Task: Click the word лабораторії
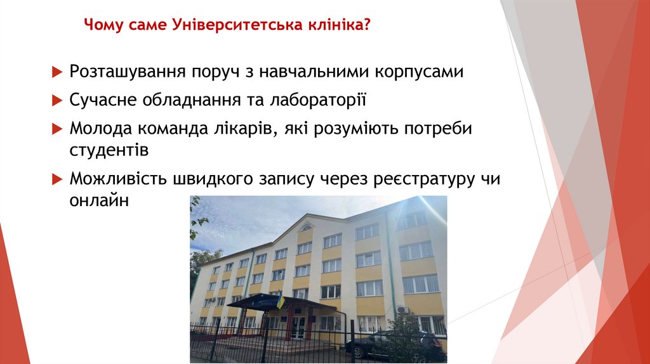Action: pyautogui.click(x=317, y=100)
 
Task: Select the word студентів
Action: pyautogui.click(x=109, y=151)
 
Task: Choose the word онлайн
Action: pyautogui.click(x=100, y=201)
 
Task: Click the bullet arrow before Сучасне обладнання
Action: pyautogui.click(x=55, y=100)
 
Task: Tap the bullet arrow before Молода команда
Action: pyautogui.click(x=55, y=128)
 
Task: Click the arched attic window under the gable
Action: pyautogui.click(x=306, y=228)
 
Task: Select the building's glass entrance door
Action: pyautogui.click(x=298, y=327)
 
